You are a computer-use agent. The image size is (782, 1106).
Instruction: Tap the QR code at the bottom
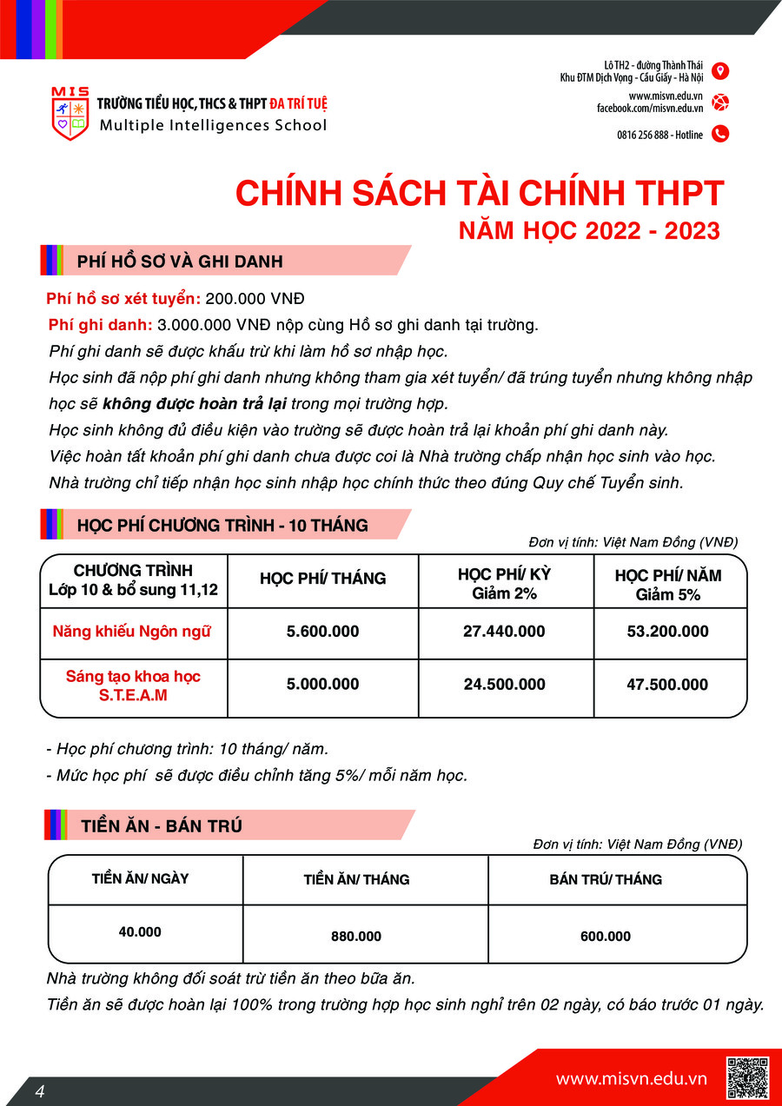click(x=747, y=1077)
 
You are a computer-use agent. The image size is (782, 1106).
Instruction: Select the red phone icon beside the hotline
click(x=719, y=134)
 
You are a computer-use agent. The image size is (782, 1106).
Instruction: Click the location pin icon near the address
click(x=719, y=71)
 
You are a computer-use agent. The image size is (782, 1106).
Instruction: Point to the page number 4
click(x=40, y=1091)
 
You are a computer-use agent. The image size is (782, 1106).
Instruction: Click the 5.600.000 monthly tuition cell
click(x=322, y=632)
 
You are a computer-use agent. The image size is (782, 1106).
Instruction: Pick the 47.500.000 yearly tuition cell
click(x=667, y=685)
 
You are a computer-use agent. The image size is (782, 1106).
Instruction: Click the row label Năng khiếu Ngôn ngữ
click(x=132, y=632)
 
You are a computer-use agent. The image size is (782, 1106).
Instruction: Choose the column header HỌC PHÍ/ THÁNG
click(x=322, y=579)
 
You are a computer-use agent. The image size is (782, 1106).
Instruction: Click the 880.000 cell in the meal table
click(x=356, y=937)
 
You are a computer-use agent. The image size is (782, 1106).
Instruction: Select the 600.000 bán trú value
click(x=606, y=937)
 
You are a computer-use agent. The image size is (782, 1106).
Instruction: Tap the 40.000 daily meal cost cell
click(x=140, y=931)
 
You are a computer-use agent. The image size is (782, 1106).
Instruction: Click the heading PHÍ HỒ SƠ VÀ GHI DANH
click(x=179, y=262)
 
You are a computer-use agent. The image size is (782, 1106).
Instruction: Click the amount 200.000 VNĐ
click(x=255, y=299)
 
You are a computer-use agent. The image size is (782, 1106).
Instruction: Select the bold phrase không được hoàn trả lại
click(x=195, y=404)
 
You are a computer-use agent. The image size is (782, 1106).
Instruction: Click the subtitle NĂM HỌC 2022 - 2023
click(x=590, y=231)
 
